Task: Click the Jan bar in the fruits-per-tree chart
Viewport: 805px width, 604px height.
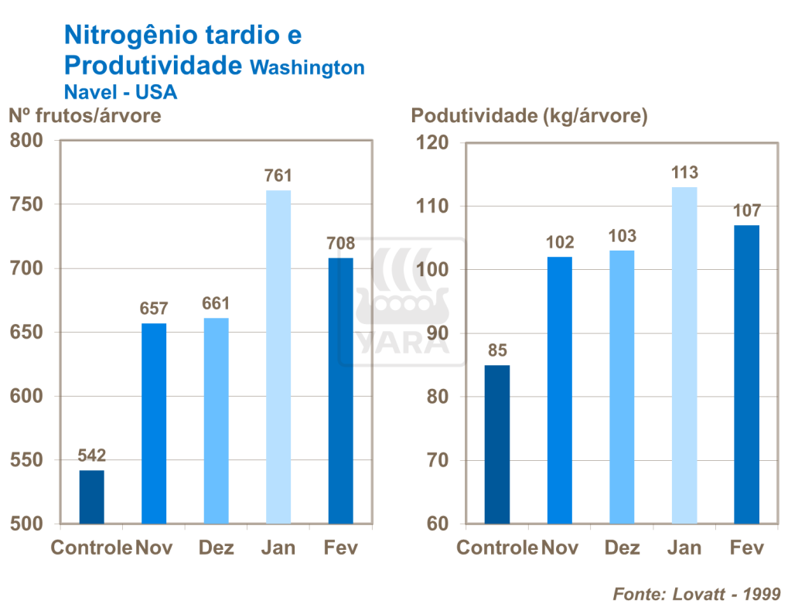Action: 278,357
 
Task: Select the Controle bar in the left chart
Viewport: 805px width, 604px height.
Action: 91,497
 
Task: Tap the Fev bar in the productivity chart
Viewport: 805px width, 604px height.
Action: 746,374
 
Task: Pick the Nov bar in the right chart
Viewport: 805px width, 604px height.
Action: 559,390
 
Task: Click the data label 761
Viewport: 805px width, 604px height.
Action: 278,176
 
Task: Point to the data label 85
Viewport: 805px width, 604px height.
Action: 497,351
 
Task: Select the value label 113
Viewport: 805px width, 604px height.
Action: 684,172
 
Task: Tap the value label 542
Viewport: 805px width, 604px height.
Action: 91,456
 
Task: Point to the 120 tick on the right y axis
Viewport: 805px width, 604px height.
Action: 433,143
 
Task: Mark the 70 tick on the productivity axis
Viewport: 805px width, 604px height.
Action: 437,461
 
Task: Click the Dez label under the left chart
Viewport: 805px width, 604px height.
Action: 216,548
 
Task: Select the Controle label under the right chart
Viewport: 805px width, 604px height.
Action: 496,548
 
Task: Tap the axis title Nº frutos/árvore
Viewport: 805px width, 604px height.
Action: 85,116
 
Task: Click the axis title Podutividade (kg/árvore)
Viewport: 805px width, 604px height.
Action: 529,116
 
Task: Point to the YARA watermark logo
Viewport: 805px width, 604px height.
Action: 402,302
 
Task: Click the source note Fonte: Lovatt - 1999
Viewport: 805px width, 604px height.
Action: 697,594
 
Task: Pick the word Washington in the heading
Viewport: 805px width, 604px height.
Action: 308,68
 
